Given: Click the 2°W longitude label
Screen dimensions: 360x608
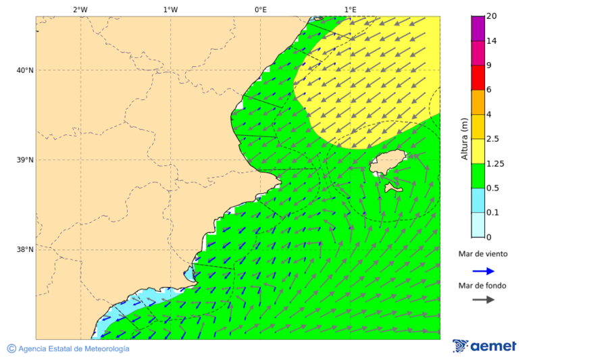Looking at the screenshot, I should (x=80, y=9).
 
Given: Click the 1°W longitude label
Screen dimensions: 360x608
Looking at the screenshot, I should (x=170, y=9).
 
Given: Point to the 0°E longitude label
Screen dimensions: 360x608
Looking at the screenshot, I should (x=260, y=9).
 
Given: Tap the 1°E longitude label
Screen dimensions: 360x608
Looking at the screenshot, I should (x=350, y=9).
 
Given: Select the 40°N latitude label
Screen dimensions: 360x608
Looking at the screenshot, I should (x=24, y=70).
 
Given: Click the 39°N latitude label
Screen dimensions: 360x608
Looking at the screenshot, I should (x=24, y=160).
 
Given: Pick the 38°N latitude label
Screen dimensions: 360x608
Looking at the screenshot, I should (x=24, y=250).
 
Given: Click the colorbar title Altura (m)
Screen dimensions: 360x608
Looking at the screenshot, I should (x=464, y=138).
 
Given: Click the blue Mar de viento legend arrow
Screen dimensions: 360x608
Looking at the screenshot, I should (x=483, y=271).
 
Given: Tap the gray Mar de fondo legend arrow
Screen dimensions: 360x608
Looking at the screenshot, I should (x=483, y=299).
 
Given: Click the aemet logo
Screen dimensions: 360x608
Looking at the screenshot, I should (x=484, y=346).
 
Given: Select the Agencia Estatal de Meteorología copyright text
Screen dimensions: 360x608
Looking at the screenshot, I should (x=68, y=349).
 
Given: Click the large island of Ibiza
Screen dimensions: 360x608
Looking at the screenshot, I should (x=388, y=163).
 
